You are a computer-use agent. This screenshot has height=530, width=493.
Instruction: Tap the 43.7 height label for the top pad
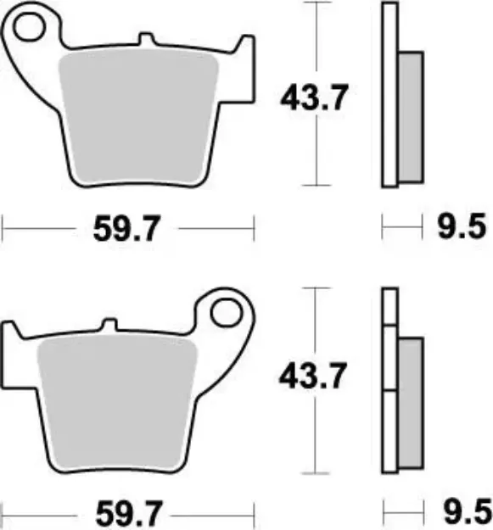pos(313,98)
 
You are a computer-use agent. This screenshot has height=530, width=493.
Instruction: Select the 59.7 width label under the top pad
pos(127,226)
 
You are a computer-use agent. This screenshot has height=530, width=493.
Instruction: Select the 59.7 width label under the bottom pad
pos(127,511)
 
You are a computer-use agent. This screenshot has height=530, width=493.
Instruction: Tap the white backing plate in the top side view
pos(389,93)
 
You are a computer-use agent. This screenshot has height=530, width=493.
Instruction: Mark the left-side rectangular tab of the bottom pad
pos(14,348)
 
